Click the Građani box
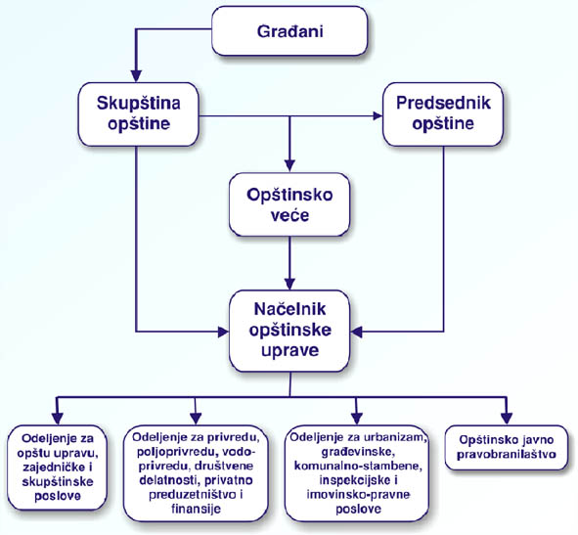point(289,31)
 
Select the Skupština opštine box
point(138,113)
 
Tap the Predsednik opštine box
point(443,113)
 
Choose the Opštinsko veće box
point(289,204)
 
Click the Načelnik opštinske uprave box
point(289,331)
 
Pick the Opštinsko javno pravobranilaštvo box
point(507,447)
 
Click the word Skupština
point(139,104)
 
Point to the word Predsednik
point(443,103)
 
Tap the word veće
point(289,215)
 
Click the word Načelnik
point(289,309)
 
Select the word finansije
point(197,510)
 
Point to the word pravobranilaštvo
point(507,454)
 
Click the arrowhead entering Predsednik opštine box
point(378,115)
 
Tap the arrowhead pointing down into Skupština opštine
point(136,75)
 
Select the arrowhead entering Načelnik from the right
point(356,332)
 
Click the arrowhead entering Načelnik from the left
point(223,332)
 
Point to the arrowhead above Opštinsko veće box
point(289,166)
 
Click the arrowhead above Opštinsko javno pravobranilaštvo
point(507,419)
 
